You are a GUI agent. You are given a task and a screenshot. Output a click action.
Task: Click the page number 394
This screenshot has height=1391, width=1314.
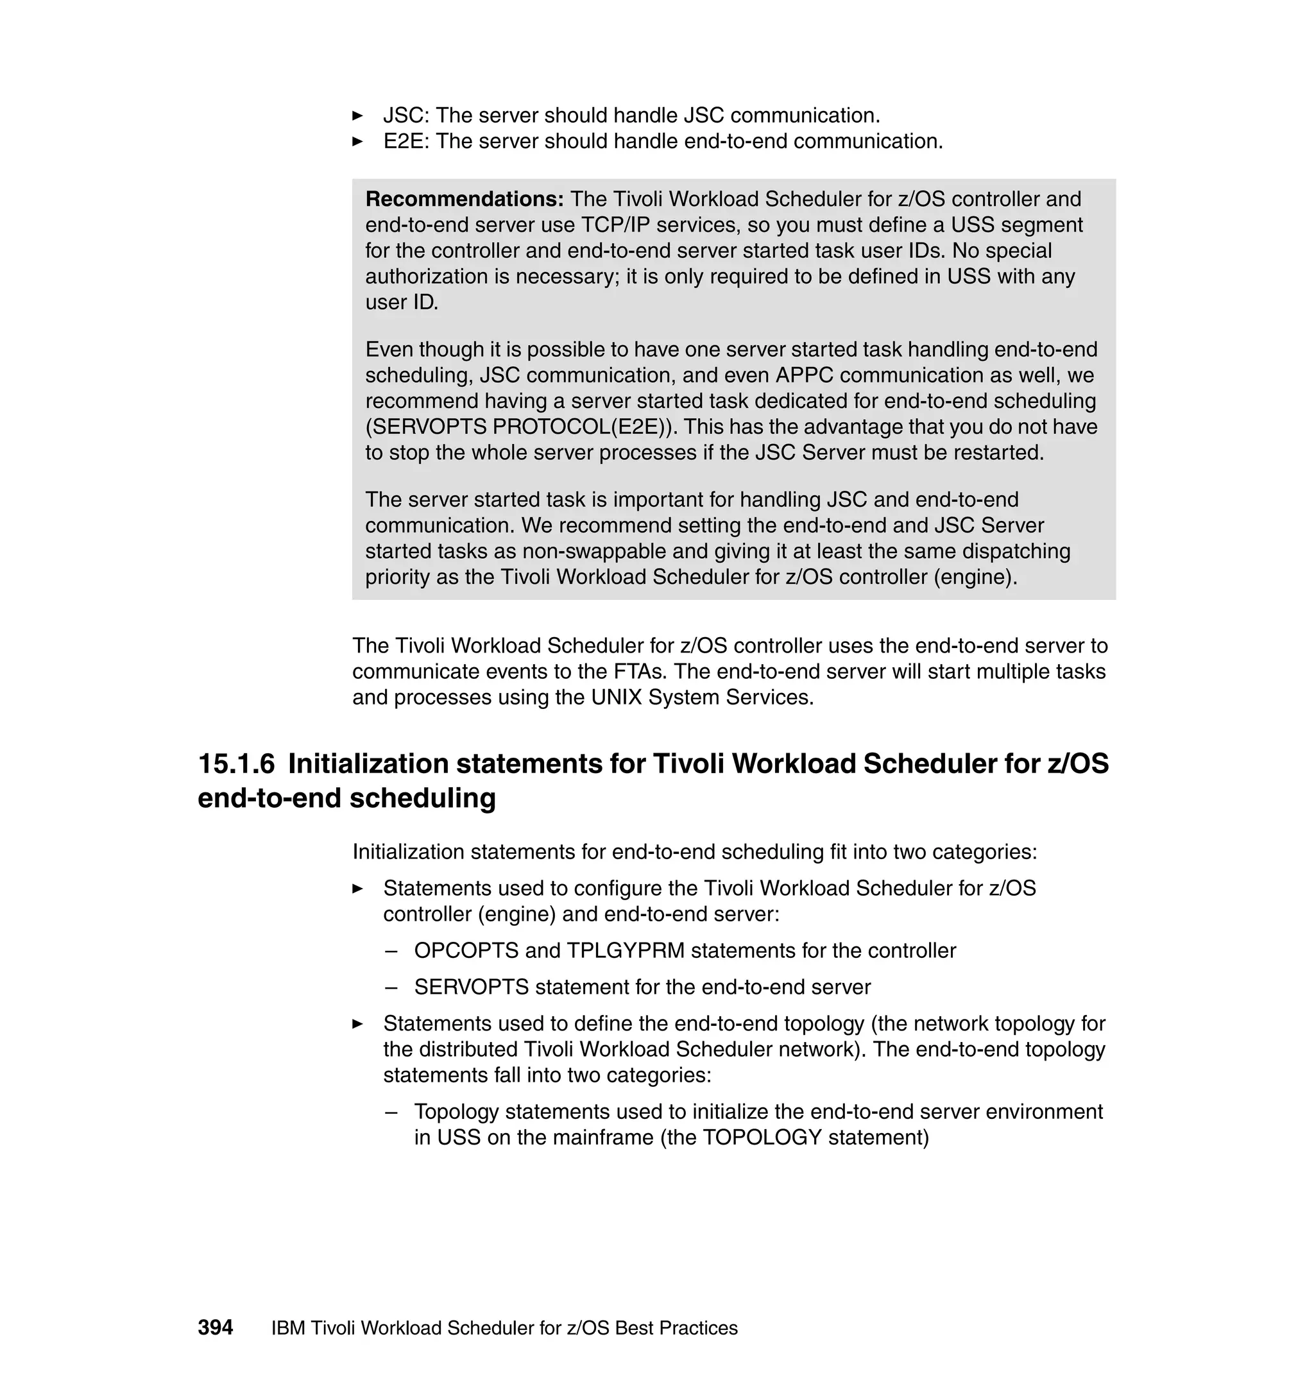215,1327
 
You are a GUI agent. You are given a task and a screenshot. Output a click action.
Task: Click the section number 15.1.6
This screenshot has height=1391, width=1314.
236,764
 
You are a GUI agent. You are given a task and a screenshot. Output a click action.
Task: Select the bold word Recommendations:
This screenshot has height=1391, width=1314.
465,199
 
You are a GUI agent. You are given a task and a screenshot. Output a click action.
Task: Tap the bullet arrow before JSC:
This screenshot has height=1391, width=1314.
357,115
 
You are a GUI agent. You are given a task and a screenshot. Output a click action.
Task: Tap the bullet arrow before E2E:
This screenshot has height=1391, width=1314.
357,142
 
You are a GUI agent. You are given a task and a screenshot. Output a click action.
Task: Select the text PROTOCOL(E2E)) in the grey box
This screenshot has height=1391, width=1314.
586,427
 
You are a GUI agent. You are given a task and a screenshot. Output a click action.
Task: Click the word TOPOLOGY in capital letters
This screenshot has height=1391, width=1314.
762,1137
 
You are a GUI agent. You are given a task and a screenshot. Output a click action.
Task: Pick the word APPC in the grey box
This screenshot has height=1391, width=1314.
804,375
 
